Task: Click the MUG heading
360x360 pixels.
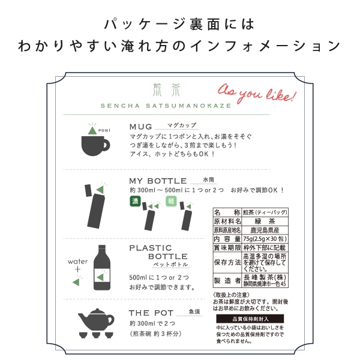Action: coord(141,127)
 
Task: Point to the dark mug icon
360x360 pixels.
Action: coord(94,143)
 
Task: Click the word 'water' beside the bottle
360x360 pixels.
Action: coord(78,262)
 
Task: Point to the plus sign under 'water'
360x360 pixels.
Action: coord(78,271)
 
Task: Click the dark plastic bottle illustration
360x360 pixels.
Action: coord(104,269)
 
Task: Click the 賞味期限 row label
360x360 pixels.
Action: coord(227,247)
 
